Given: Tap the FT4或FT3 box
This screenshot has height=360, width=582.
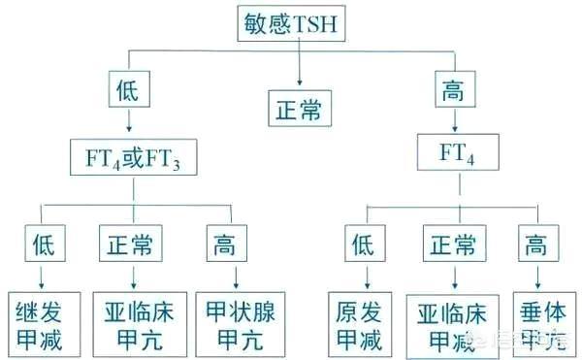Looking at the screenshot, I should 133,156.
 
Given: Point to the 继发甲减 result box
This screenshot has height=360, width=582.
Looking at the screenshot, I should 41,322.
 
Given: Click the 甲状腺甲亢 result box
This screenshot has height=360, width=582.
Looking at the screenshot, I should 233,322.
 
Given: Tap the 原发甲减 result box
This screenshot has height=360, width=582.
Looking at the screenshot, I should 359,322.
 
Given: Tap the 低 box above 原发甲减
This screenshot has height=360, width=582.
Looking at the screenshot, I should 360,243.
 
